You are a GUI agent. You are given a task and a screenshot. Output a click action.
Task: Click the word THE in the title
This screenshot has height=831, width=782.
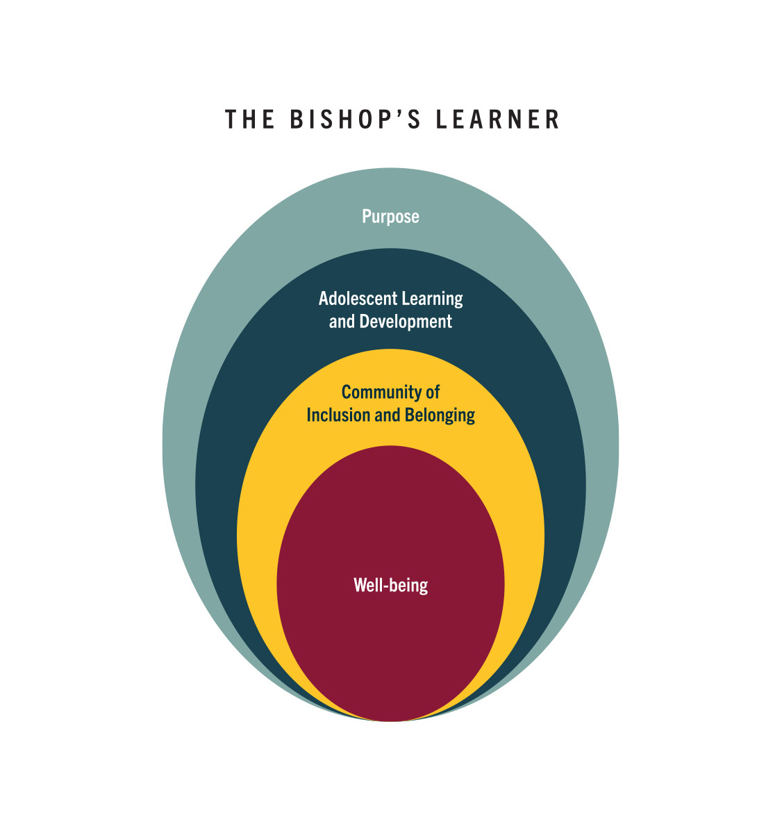coord(249,120)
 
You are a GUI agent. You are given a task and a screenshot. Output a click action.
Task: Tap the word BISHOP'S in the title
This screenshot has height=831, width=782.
coord(356,120)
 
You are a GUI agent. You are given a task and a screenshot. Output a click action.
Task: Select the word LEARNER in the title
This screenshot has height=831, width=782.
coord(497,120)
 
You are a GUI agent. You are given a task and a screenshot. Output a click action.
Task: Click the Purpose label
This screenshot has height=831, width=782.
coord(390,217)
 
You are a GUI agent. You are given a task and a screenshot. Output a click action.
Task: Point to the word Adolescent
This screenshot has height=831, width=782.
coord(358,299)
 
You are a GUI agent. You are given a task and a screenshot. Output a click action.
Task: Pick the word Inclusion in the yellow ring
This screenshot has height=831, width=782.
coord(338,415)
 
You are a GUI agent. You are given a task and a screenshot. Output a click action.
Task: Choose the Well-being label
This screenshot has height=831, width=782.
coord(390,586)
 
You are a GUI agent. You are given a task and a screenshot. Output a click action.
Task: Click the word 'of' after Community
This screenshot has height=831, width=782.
coord(433,392)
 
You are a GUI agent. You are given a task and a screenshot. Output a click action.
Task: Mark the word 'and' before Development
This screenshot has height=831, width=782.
coord(342,322)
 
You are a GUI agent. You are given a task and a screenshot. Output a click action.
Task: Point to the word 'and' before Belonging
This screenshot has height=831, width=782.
coord(388,415)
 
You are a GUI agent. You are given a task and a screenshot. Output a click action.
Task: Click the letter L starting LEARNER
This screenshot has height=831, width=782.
coord(442,120)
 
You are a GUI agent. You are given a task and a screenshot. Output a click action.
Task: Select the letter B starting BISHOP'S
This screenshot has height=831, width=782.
coord(297,120)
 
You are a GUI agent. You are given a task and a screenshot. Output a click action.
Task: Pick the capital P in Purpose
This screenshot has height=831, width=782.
coord(367,216)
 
